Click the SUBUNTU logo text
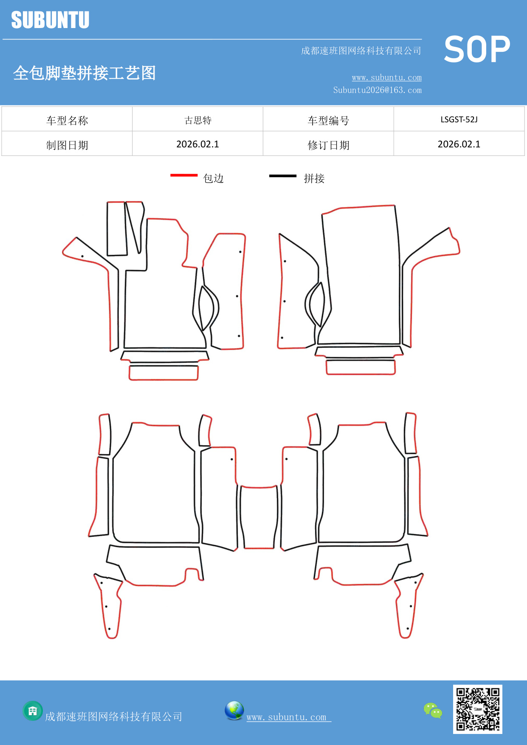pos(50,20)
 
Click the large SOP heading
pos(477,50)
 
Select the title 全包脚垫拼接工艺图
pos(85,73)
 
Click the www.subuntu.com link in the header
pos(386,77)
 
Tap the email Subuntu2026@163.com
pos(377,90)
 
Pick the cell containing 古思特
pos(198,120)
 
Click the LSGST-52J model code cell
pos(459,119)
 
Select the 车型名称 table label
pos(67,121)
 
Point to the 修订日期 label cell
pos(328,145)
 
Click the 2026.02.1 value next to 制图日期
pos(198,144)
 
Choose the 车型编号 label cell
pos(328,121)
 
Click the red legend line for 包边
pos(184,175)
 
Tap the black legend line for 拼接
pos(283,175)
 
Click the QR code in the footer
pos(477,709)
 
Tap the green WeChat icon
pos(433,710)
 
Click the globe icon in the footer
pos(234,711)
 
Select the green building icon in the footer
pos(33,711)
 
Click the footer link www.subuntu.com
pos(287,717)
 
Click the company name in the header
pos(361,51)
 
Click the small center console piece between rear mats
pos(259,517)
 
